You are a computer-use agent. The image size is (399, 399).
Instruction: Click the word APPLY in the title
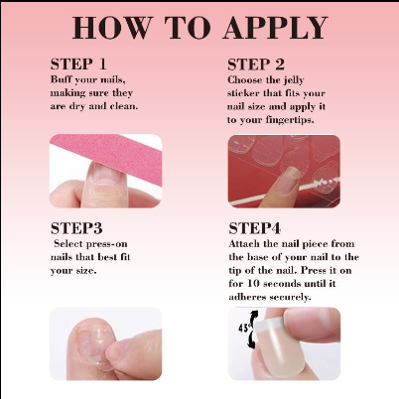click(x=276, y=28)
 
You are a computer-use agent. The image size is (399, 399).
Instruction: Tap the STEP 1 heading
click(x=78, y=64)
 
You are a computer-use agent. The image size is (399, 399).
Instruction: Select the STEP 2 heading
click(x=256, y=65)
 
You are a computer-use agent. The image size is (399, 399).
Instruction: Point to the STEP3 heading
click(x=76, y=228)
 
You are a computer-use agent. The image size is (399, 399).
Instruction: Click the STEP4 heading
click(x=255, y=228)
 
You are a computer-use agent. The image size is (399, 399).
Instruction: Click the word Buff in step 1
click(x=62, y=79)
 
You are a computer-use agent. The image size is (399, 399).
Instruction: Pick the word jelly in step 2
click(x=294, y=80)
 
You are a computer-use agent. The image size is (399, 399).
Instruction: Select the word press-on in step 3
click(x=107, y=244)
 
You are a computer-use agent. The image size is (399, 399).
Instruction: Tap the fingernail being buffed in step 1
click(x=103, y=173)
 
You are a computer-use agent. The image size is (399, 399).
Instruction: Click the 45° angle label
click(x=245, y=328)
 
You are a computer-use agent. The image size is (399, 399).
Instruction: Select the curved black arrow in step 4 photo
click(x=253, y=330)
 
